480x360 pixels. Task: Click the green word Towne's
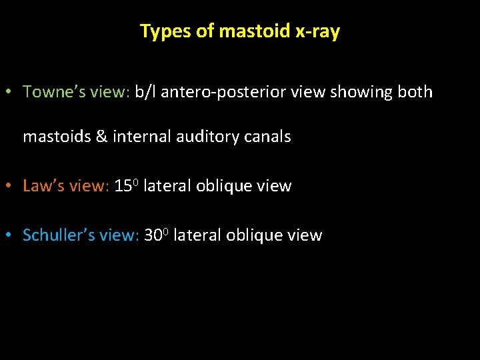pyautogui.click(x=49, y=92)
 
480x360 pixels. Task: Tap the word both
pyautogui.click(x=415, y=92)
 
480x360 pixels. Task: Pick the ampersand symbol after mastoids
pyautogui.click(x=101, y=137)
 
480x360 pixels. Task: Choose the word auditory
pyautogui.click(x=206, y=137)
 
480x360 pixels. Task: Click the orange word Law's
pyautogui.click(x=43, y=186)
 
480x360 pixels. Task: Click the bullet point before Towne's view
pyautogui.click(x=13, y=93)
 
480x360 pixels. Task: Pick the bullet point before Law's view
pyautogui.click(x=13, y=187)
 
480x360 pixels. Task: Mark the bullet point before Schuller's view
pyautogui.click(x=13, y=236)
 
